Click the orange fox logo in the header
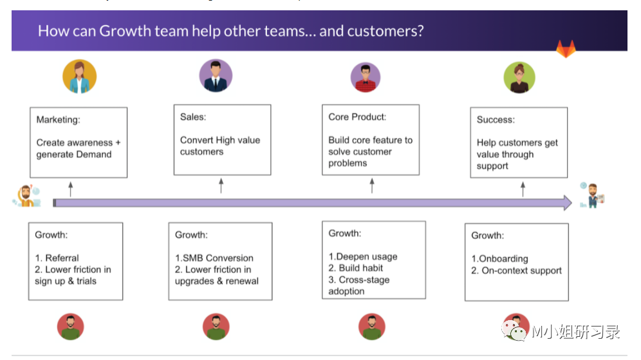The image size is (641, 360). (566, 49)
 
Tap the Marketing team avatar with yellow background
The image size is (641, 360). (79, 77)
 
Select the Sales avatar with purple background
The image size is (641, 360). (216, 76)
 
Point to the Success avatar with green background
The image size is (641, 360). (519, 77)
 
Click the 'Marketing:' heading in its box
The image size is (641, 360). (58, 120)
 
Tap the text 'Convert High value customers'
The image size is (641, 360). (220, 146)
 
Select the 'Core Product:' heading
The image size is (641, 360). (357, 117)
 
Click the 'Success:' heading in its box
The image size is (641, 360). (495, 120)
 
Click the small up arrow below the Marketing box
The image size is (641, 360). (71, 188)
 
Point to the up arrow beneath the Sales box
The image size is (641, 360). (221, 185)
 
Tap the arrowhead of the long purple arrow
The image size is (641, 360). (566, 203)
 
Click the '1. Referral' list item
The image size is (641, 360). (57, 258)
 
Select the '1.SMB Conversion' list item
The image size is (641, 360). (214, 258)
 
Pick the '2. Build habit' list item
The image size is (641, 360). (356, 268)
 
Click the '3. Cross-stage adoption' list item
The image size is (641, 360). (359, 285)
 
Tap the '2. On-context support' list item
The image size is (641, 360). (516, 270)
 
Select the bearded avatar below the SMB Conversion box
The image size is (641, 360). (216, 327)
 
